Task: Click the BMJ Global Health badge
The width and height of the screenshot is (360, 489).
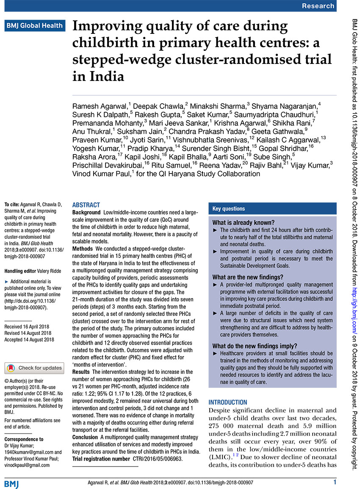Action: pyautogui.click(x=35, y=25)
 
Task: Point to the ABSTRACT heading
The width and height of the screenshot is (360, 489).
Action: pyautogui.click(x=86, y=204)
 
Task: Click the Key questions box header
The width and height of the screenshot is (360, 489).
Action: pyautogui.click(x=229, y=209)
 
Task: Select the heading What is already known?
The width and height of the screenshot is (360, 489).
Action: pyautogui.click(x=244, y=223)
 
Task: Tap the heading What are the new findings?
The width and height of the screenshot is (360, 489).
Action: pyautogui.click(x=248, y=277)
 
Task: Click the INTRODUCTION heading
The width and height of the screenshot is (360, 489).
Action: pyautogui.click(x=228, y=402)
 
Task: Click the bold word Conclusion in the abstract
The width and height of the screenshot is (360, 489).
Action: pyautogui.click(x=85, y=437)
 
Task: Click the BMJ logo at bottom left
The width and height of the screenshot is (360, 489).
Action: pyautogui.click(x=12, y=483)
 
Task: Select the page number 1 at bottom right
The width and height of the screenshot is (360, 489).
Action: pyautogui.click(x=335, y=482)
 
